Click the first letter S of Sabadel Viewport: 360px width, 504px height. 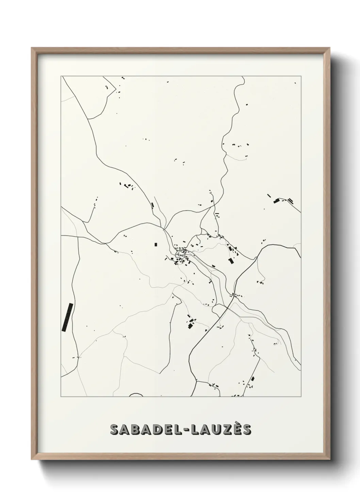tap(115, 430)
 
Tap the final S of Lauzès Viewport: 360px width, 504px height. tap(247, 430)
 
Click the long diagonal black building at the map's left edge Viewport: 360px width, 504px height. tap(67, 317)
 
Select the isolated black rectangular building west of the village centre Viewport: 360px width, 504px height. tap(156, 244)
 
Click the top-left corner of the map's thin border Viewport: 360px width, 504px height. tap(61, 76)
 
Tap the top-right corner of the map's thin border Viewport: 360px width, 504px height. tap(301, 76)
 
